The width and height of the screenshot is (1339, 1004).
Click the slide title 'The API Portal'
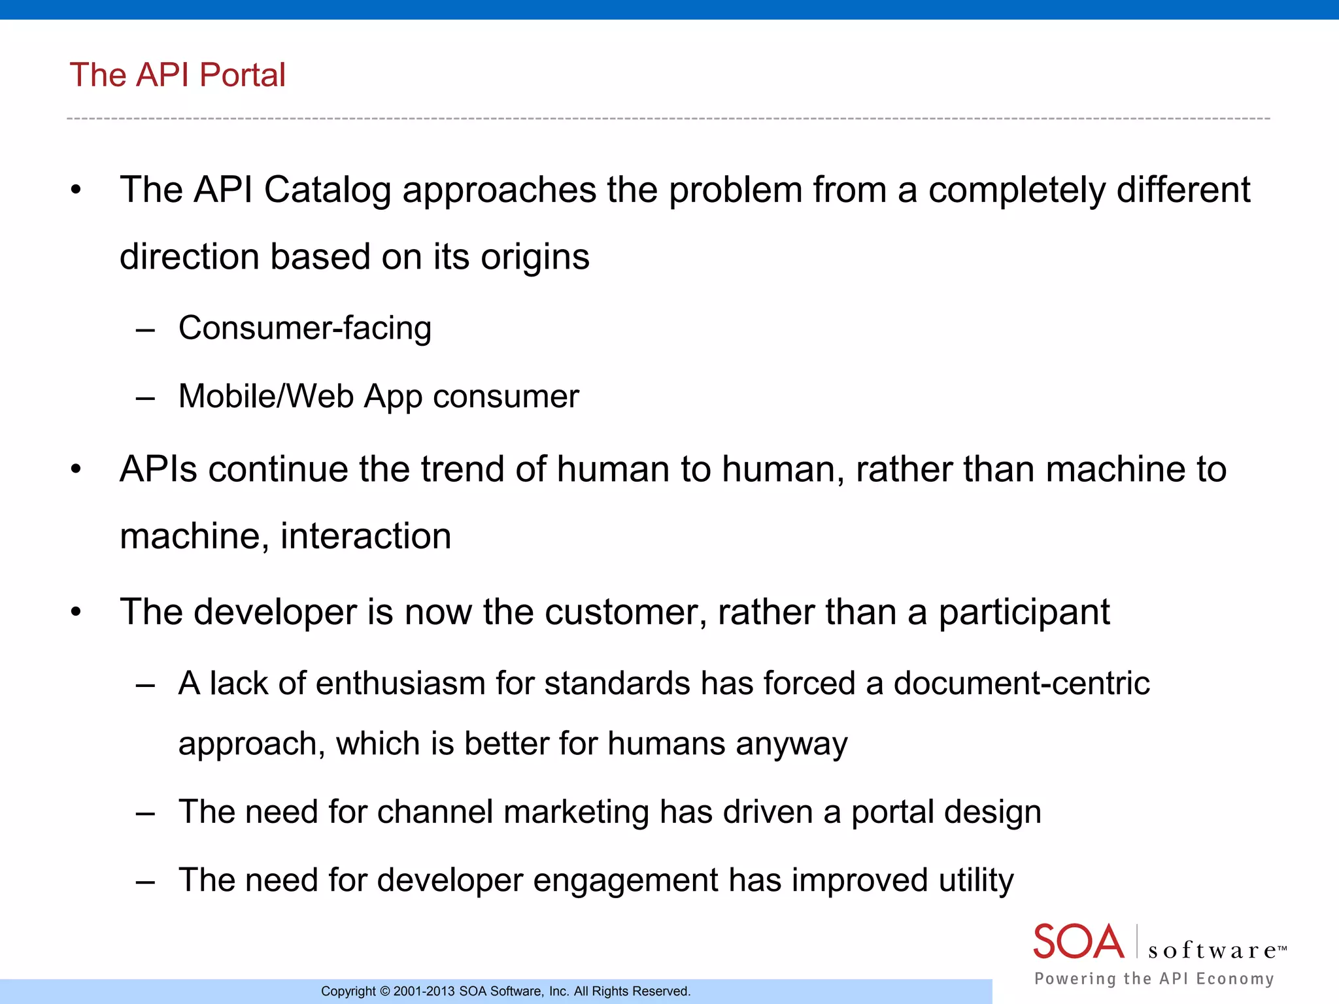point(177,75)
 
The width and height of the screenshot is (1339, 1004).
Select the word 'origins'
point(535,257)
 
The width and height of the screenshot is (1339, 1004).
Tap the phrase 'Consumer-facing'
point(305,328)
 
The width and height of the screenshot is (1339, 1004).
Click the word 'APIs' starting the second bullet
point(158,469)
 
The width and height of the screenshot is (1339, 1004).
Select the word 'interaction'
point(365,537)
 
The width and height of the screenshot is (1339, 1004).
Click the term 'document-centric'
point(1021,684)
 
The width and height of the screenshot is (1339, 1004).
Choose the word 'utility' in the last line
point(975,881)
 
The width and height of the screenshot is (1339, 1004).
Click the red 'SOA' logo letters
point(1078,942)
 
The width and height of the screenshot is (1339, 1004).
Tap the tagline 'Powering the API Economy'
point(1154,979)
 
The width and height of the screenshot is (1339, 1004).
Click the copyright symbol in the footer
point(384,992)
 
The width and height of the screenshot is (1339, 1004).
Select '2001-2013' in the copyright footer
point(424,992)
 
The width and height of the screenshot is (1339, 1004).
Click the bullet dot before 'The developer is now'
point(76,612)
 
